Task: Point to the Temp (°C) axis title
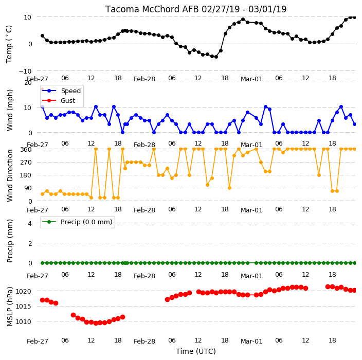[9, 44]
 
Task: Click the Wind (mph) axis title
[10, 110]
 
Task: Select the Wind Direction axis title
[10, 175]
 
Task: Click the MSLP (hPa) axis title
[10, 306]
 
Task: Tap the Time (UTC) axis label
[196, 351]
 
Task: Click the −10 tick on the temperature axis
[25, 71]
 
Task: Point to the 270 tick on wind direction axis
[26, 163]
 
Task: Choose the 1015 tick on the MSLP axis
[23, 307]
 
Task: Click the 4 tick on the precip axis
[30, 223]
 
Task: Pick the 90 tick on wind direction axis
[28, 188]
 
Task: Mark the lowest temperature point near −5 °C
[216, 57]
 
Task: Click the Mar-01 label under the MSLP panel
[251, 341]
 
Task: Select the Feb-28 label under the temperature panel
[144, 79]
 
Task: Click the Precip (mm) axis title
[10, 241]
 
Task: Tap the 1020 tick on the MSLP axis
[23, 292]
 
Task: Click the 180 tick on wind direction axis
[26, 175]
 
